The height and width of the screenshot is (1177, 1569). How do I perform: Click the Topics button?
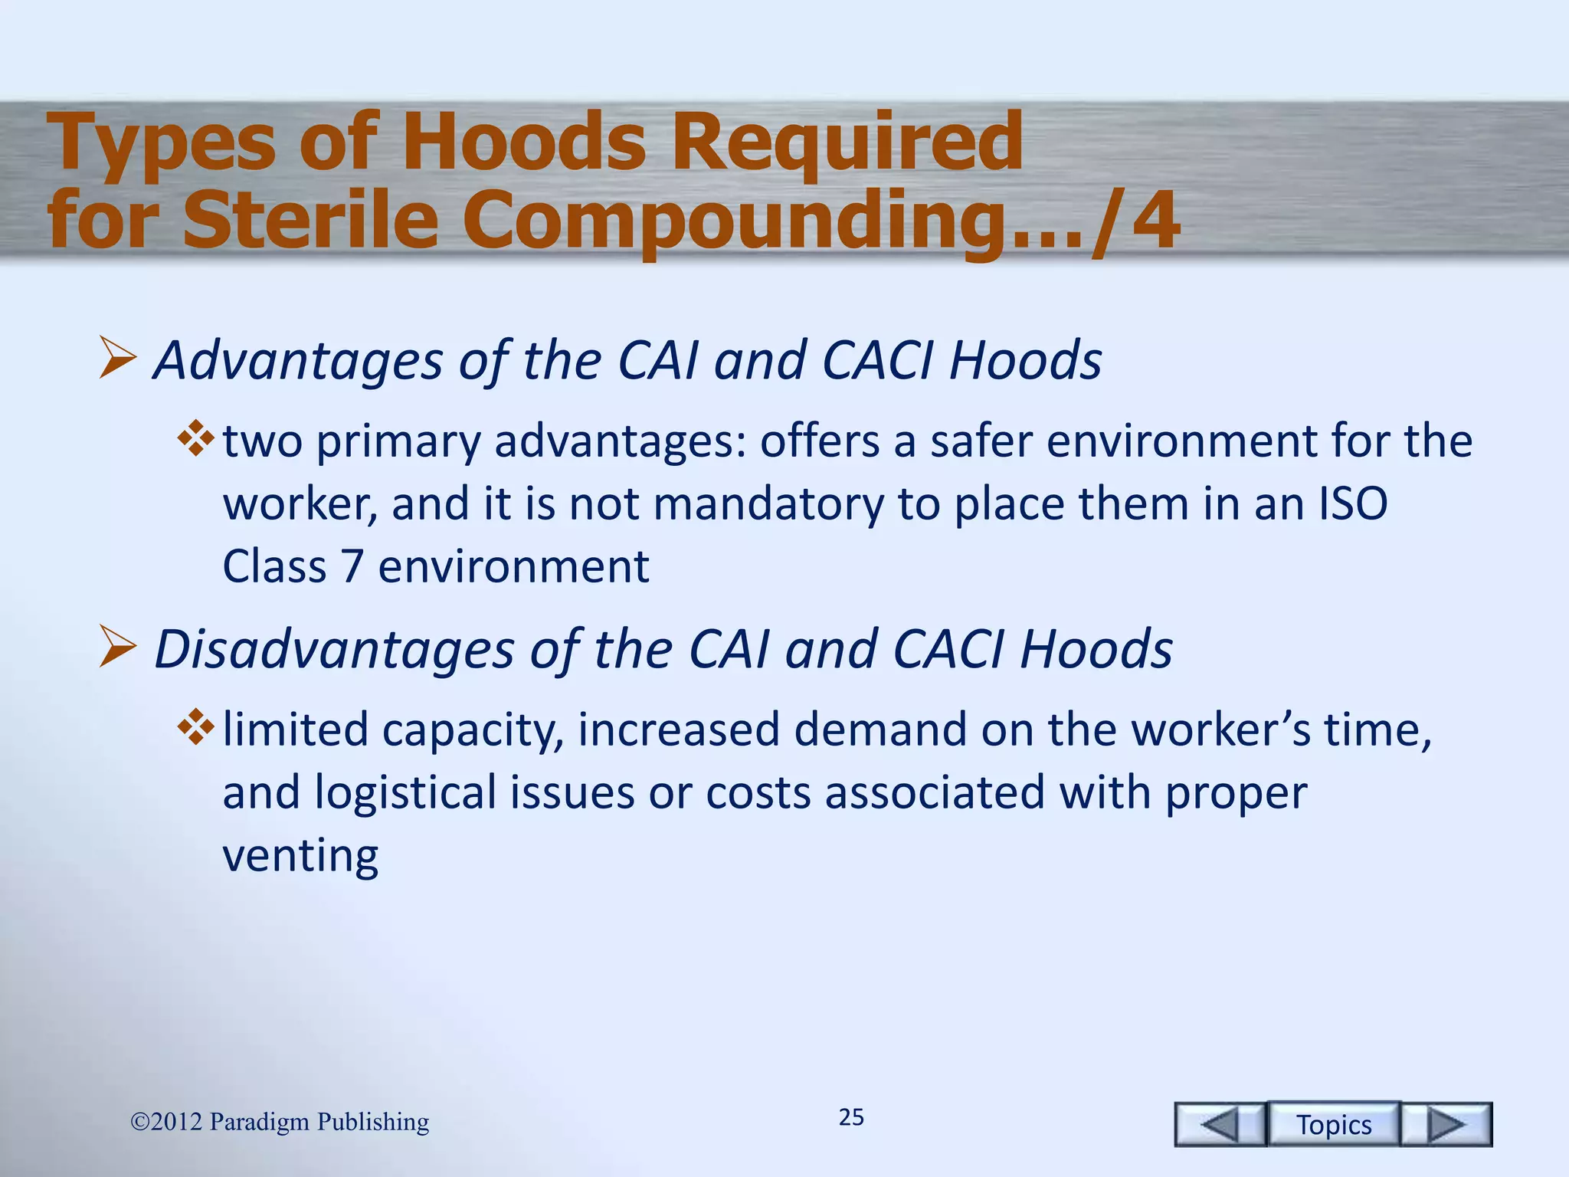pos(1334,1124)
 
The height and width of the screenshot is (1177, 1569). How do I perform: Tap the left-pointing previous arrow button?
pos(1220,1124)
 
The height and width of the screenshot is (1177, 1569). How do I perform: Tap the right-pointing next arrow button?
pos(1446,1124)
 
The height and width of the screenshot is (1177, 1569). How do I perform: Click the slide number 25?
pos(851,1117)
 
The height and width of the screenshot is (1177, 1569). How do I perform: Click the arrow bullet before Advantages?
pos(117,360)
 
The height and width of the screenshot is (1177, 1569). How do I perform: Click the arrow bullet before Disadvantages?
pos(117,648)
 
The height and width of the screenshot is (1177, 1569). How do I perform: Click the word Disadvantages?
pos(334,650)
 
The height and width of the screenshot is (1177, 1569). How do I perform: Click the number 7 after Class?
pos(352,566)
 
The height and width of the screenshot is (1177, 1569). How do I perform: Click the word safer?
pos(981,441)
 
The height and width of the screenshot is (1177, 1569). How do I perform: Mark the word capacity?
pos(472,730)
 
